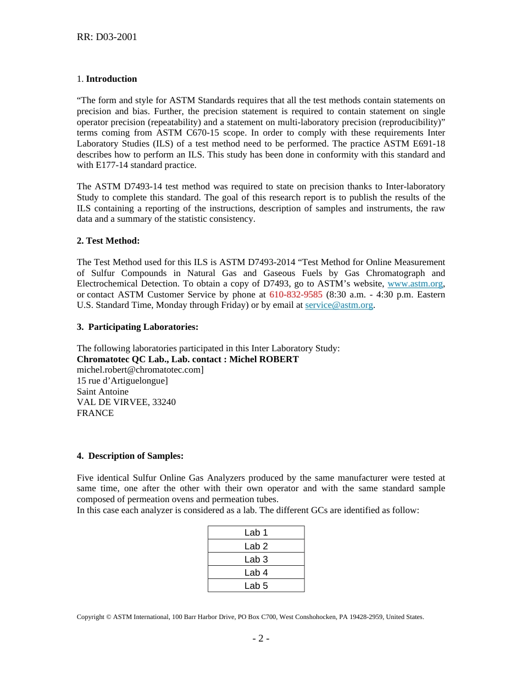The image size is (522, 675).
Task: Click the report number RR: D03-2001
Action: click(107, 37)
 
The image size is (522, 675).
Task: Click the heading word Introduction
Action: click(112, 79)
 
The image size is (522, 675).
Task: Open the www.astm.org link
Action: click(415, 284)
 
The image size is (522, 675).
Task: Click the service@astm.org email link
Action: click(339, 305)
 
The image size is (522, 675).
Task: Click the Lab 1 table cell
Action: click(256, 533)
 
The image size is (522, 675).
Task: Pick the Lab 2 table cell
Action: click(256, 546)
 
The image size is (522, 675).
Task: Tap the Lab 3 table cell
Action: click(256, 559)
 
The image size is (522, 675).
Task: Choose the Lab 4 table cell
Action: click(256, 572)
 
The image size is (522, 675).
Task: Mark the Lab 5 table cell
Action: click(256, 586)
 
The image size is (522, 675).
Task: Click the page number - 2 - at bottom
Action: click(260, 638)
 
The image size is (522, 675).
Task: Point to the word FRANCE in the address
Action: click(95, 413)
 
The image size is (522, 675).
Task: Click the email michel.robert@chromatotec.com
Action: click(140, 370)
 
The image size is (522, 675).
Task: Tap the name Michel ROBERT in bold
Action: click(264, 359)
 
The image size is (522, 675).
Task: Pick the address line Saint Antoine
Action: click(103, 392)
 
